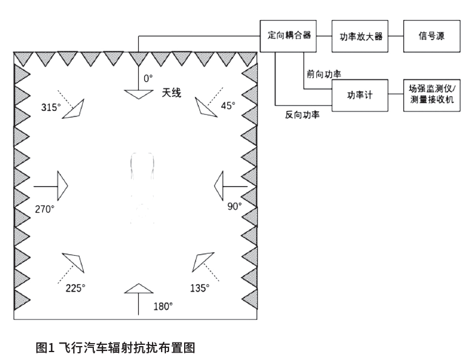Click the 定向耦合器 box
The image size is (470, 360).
(x=290, y=36)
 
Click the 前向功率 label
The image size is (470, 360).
(x=324, y=74)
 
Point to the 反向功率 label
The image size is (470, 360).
(x=302, y=114)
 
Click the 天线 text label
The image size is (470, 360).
(x=171, y=93)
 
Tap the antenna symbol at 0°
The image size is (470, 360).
(x=139, y=95)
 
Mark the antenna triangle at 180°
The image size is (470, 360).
(x=139, y=290)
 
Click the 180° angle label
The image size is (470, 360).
(x=163, y=306)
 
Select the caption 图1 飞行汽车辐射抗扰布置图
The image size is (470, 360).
(x=115, y=347)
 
